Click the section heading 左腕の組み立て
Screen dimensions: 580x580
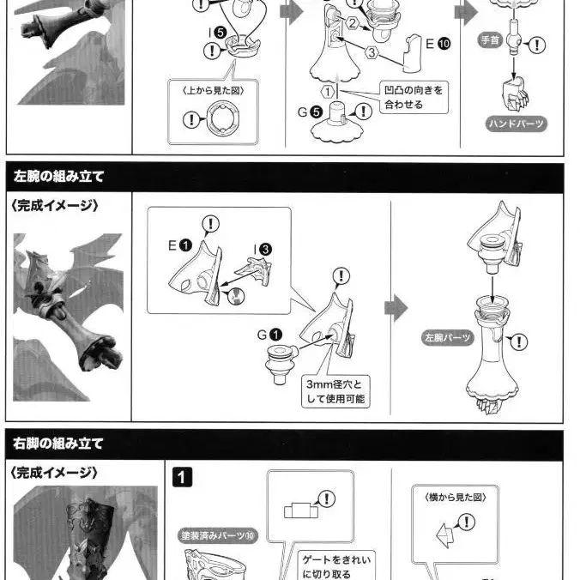(58, 177)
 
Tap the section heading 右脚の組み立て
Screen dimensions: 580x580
(57, 443)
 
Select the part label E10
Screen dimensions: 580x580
(438, 44)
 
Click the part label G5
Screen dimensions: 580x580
(310, 112)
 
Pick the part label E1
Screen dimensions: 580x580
(180, 245)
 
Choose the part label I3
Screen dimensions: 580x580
(263, 250)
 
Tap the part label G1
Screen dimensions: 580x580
(269, 335)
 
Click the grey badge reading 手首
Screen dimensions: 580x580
(490, 40)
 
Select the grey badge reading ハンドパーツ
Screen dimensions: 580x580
(517, 124)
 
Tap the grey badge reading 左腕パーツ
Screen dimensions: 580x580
(448, 338)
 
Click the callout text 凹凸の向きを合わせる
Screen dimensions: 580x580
(414, 97)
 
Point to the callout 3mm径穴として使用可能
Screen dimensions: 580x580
(335, 392)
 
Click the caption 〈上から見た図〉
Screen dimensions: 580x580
(213, 91)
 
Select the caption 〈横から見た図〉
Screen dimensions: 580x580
(456, 498)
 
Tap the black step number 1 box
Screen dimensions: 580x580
(183, 477)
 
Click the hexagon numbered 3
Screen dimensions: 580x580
(372, 52)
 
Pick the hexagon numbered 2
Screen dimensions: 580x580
(352, 24)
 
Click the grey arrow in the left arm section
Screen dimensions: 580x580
(396, 308)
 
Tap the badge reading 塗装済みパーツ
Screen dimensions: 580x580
(218, 535)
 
